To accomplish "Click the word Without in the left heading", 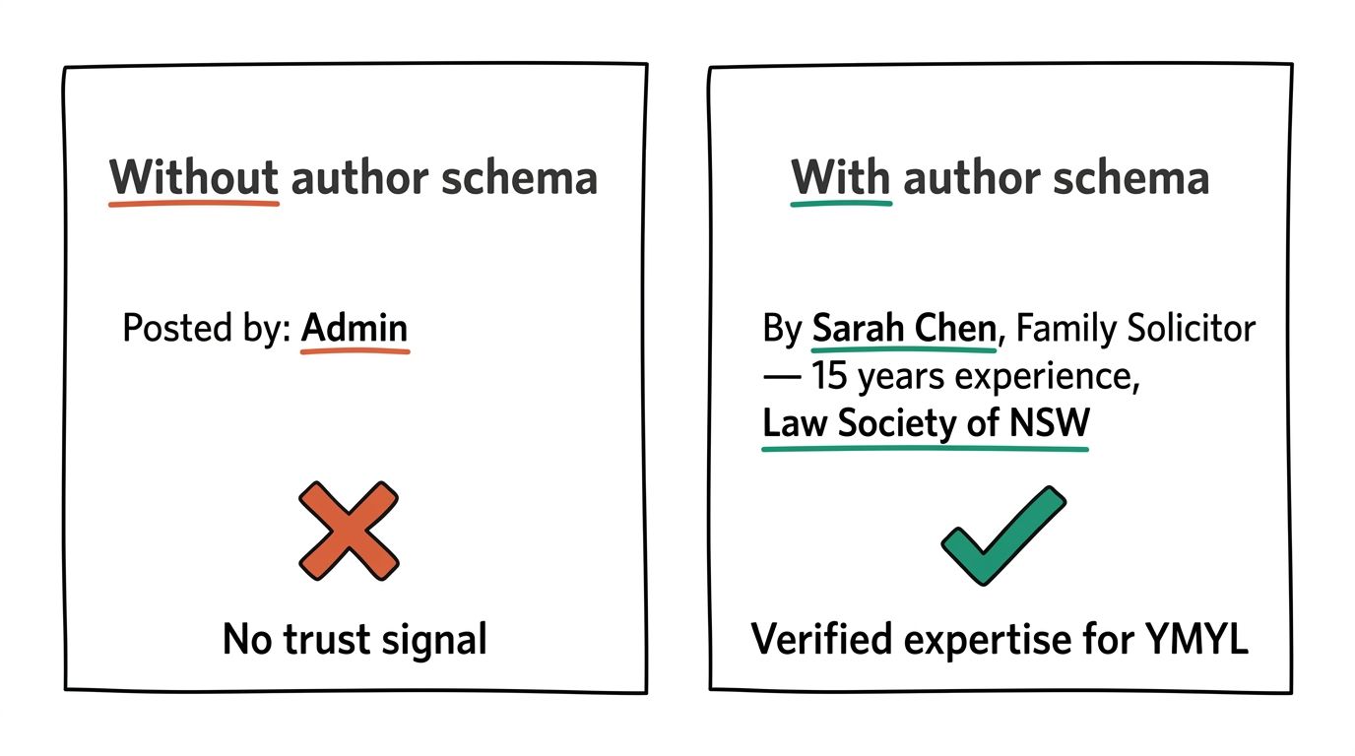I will tap(194, 178).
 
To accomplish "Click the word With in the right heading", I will tap(840, 178).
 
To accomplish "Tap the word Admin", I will tap(355, 328).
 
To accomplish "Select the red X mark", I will tap(350, 530).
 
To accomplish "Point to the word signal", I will tap(442, 639).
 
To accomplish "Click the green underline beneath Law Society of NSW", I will tap(926, 448).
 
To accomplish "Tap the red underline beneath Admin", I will tap(355, 350).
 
